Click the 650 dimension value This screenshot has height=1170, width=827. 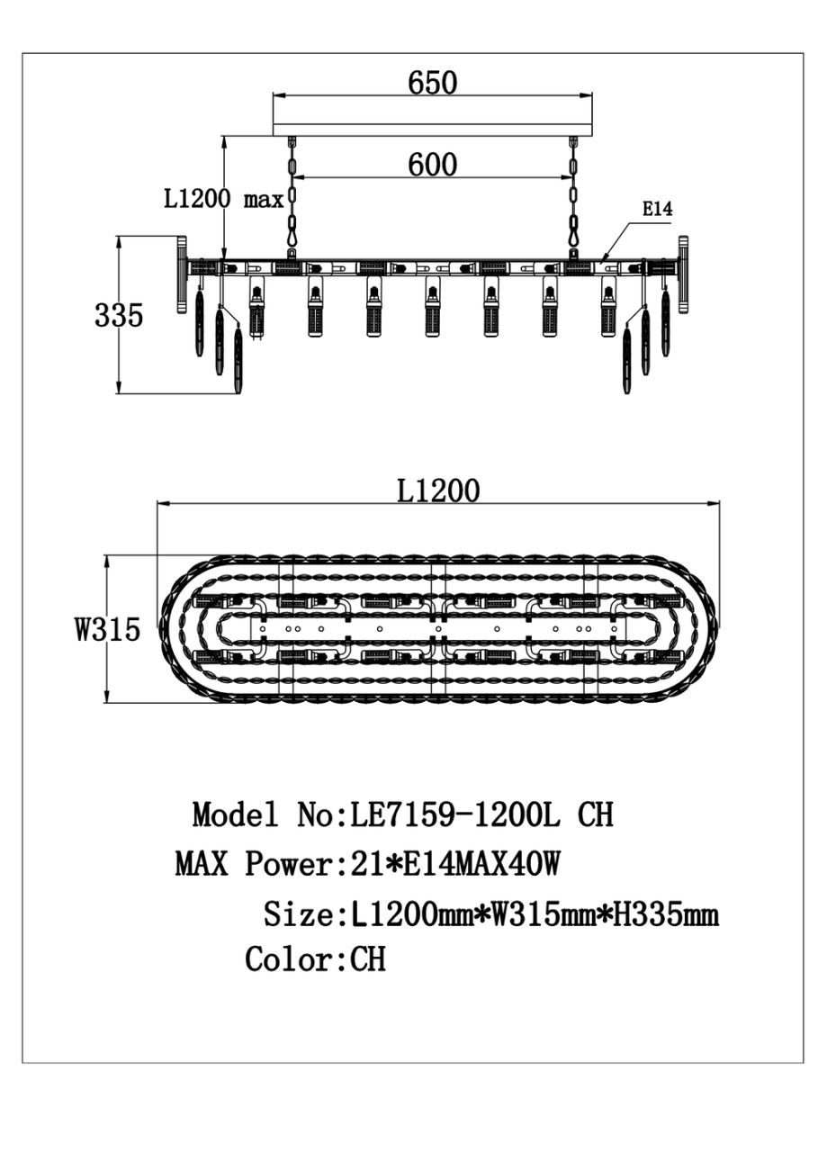pyautogui.click(x=433, y=82)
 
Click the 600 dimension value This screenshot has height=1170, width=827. pyautogui.click(x=433, y=164)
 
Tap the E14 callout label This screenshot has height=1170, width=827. pyautogui.click(x=657, y=209)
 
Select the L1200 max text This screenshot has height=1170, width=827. pyautogui.click(x=224, y=198)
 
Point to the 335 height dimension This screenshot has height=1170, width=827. pyautogui.click(x=119, y=316)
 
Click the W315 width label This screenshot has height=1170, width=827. pyautogui.click(x=107, y=630)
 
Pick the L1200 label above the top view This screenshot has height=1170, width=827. pyautogui.click(x=438, y=490)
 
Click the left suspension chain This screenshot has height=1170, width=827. pyautogui.click(x=292, y=193)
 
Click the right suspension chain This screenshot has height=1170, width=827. pyautogui.click(x=573, y=193)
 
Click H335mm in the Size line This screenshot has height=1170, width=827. pyautogui.click(x=665, y=915)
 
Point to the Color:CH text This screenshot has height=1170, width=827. pyautogui.click(x=315, y=959)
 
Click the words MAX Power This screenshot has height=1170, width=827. pyautogui.click(x=253, y=865)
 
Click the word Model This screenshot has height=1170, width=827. pyautogui.click(x=235, y=815)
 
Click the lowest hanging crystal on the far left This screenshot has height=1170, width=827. pyautogui.click(x=238, y=360)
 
